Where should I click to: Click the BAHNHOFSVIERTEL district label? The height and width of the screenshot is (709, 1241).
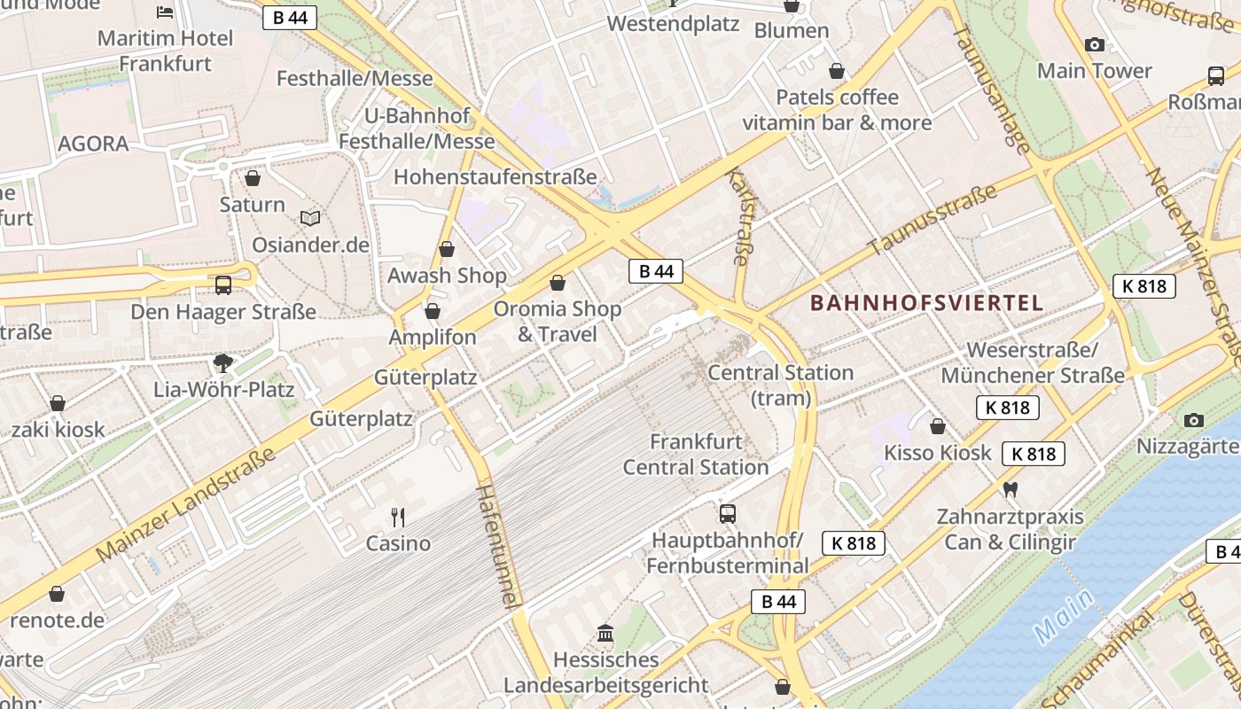click(x=926, y=303)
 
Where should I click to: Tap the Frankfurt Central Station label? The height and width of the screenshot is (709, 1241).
click(x=696, y=454)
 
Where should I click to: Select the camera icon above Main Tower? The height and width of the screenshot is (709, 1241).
click(x=1095, y=44)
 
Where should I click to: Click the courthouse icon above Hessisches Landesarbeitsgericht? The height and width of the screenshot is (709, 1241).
click(x=605, y=633)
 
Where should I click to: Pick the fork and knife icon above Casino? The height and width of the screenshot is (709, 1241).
click(x=398, y=517)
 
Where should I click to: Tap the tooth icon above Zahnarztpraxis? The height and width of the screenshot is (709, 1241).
click(x=1010, y=489)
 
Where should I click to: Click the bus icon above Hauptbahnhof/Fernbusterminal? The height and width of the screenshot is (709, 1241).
click(x=727, y=513)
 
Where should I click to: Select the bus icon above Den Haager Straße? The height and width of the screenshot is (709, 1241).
click(x=223, y=285)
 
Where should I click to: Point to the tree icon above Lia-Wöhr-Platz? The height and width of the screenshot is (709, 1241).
click(x=223, y=362)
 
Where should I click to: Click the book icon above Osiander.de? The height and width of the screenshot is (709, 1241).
click(x=310, y=218)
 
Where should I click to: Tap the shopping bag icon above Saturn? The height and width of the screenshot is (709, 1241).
click(x=253, y=178)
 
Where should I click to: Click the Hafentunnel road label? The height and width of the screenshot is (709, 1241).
click(x=496, y=545)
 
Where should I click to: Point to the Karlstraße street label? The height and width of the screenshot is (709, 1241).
click(x=739, y=218)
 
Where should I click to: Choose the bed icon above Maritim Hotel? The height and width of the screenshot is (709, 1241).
click(x=166, y=12)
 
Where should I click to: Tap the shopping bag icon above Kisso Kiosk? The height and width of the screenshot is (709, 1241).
click(x=938, y=426)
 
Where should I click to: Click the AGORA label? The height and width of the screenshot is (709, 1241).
click(x=93, y=144)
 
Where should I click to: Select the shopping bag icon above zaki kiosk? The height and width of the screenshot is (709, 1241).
click(x=58, y=403)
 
